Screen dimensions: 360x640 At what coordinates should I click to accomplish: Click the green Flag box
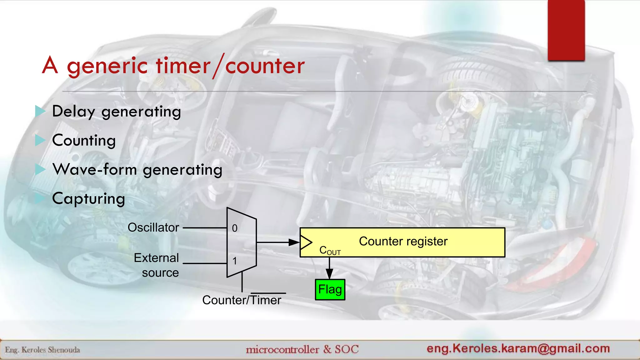[330, 290]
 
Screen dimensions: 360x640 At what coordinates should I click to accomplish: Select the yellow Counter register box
[402, 242]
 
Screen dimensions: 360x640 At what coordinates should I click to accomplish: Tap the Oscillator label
[153, 227]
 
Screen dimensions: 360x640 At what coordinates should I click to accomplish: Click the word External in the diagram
[156, 258]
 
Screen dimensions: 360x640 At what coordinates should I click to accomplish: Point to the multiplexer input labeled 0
[235, 228]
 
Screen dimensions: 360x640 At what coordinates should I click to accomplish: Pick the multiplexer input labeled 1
[235, 261]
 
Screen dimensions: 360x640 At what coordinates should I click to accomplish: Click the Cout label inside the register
[330, 250]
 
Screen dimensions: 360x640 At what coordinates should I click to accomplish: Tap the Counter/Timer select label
[242, 300]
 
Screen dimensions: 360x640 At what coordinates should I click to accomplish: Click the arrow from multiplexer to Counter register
[278, 242]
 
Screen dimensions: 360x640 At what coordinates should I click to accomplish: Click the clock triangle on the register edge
[306, 242]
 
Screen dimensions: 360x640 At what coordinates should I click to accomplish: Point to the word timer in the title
[183, 66]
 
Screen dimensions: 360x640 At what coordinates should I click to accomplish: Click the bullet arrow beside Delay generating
[40, 111]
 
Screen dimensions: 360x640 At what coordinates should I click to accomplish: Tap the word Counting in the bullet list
[84, 140]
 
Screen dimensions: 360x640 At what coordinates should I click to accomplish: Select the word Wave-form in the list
[95, 169]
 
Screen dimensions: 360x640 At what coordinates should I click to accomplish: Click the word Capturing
[88, 199]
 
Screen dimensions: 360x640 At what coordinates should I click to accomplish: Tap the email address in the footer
[518, 348]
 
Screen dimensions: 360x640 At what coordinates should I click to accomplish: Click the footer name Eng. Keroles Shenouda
[42, 350]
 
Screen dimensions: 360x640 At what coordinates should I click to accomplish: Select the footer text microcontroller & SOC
[302, 349]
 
